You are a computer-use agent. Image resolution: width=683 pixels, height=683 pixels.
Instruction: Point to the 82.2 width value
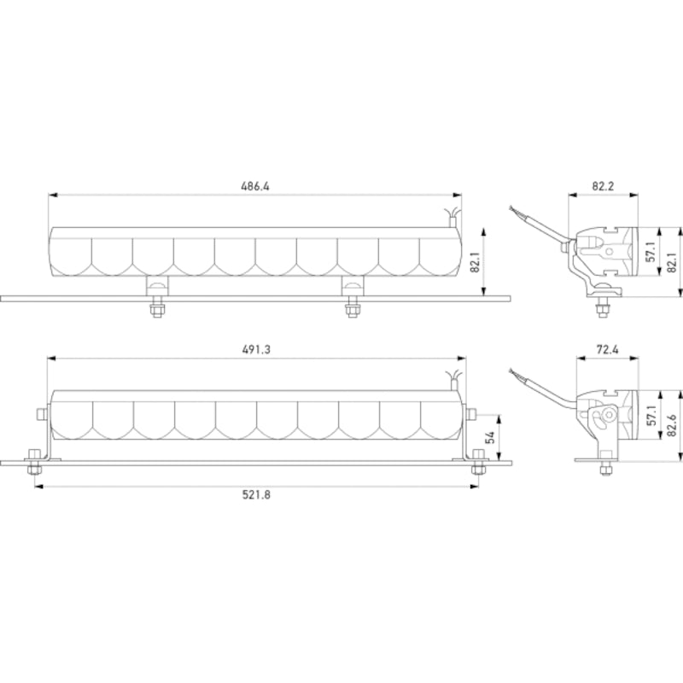click(603, 187)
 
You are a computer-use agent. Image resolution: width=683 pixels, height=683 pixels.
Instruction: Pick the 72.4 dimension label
click(603, 350)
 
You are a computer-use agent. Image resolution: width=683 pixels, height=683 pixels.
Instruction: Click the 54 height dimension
click(491, 437)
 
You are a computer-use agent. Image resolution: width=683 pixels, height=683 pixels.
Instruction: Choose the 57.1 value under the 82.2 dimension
click(650, 253)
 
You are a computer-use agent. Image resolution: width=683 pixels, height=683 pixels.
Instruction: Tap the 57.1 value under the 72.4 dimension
click(650, 416)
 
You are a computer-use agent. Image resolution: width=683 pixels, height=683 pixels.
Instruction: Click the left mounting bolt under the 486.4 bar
click(156, 309)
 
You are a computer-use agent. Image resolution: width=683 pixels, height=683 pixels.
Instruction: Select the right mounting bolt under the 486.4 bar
click(350, 309)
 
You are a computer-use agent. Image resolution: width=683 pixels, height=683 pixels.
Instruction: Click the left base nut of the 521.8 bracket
click(34, 465)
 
